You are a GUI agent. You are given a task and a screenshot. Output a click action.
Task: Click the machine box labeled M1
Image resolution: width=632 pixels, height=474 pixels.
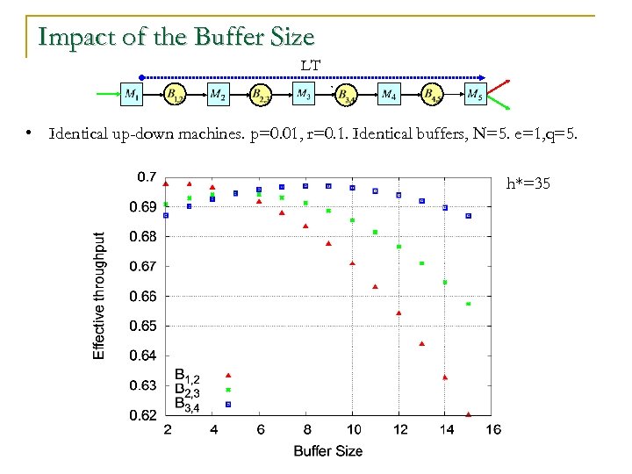(130, 93)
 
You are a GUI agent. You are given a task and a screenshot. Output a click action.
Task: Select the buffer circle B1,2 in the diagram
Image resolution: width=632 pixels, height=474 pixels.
(174, 93)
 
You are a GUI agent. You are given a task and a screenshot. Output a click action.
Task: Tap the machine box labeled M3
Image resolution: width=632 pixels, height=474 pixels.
(304, 93)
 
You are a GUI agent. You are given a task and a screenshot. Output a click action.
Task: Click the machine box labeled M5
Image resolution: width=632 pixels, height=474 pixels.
(474, 93)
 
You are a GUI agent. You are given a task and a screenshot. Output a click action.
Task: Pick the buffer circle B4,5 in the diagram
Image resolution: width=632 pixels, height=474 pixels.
(431, 93)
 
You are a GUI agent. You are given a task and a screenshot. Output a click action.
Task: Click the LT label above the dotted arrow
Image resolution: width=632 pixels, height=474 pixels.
(311, 65)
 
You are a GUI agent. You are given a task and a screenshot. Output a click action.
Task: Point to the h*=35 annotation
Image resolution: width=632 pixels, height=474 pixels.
(528, 184)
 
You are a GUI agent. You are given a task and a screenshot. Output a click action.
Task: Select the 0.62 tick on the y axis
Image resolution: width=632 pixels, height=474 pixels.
(144, 414)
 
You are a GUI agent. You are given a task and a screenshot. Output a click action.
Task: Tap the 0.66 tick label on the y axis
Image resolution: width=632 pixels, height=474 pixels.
(144, 296)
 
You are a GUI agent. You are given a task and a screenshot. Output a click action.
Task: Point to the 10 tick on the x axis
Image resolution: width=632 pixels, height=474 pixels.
(351, 429)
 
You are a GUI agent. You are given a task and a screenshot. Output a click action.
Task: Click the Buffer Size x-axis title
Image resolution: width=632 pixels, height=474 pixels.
(327, 450)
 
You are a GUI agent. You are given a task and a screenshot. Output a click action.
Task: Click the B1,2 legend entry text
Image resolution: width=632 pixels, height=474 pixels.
(192, 376)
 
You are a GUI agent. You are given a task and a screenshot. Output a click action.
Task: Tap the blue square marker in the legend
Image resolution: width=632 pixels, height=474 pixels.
(228, 404)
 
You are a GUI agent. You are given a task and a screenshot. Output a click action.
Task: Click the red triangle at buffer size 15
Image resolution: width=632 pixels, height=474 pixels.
(468, 414)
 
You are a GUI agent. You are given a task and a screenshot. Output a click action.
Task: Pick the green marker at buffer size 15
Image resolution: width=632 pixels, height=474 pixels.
(468, 304)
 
